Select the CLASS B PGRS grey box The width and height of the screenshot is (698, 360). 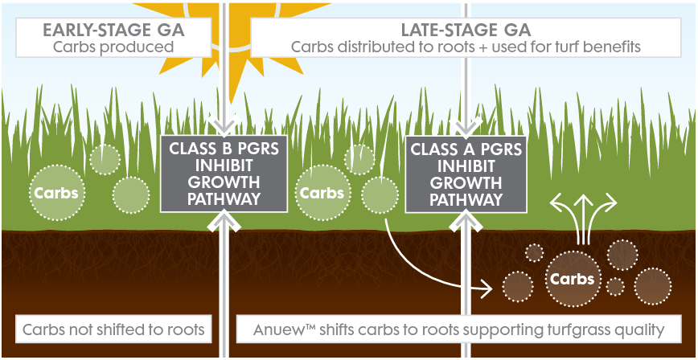(223, 174)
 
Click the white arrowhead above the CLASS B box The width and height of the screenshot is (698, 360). (223, 125)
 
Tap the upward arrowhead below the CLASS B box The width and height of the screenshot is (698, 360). (223, 221)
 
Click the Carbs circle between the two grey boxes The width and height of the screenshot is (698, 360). (322, 194)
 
